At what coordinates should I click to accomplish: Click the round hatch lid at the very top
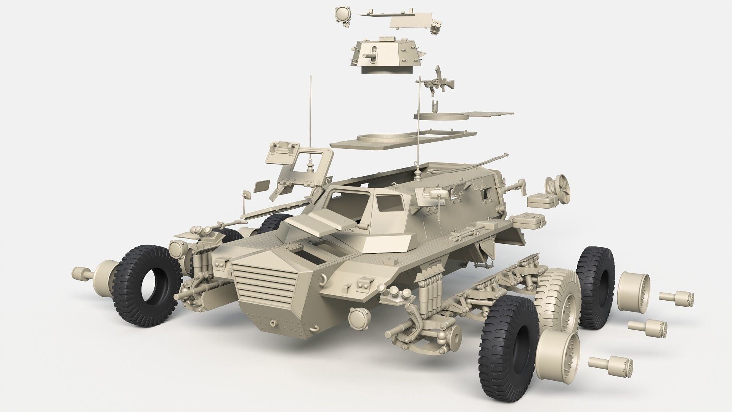tap(343, 13)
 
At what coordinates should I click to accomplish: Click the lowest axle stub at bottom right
tap(610, 365)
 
